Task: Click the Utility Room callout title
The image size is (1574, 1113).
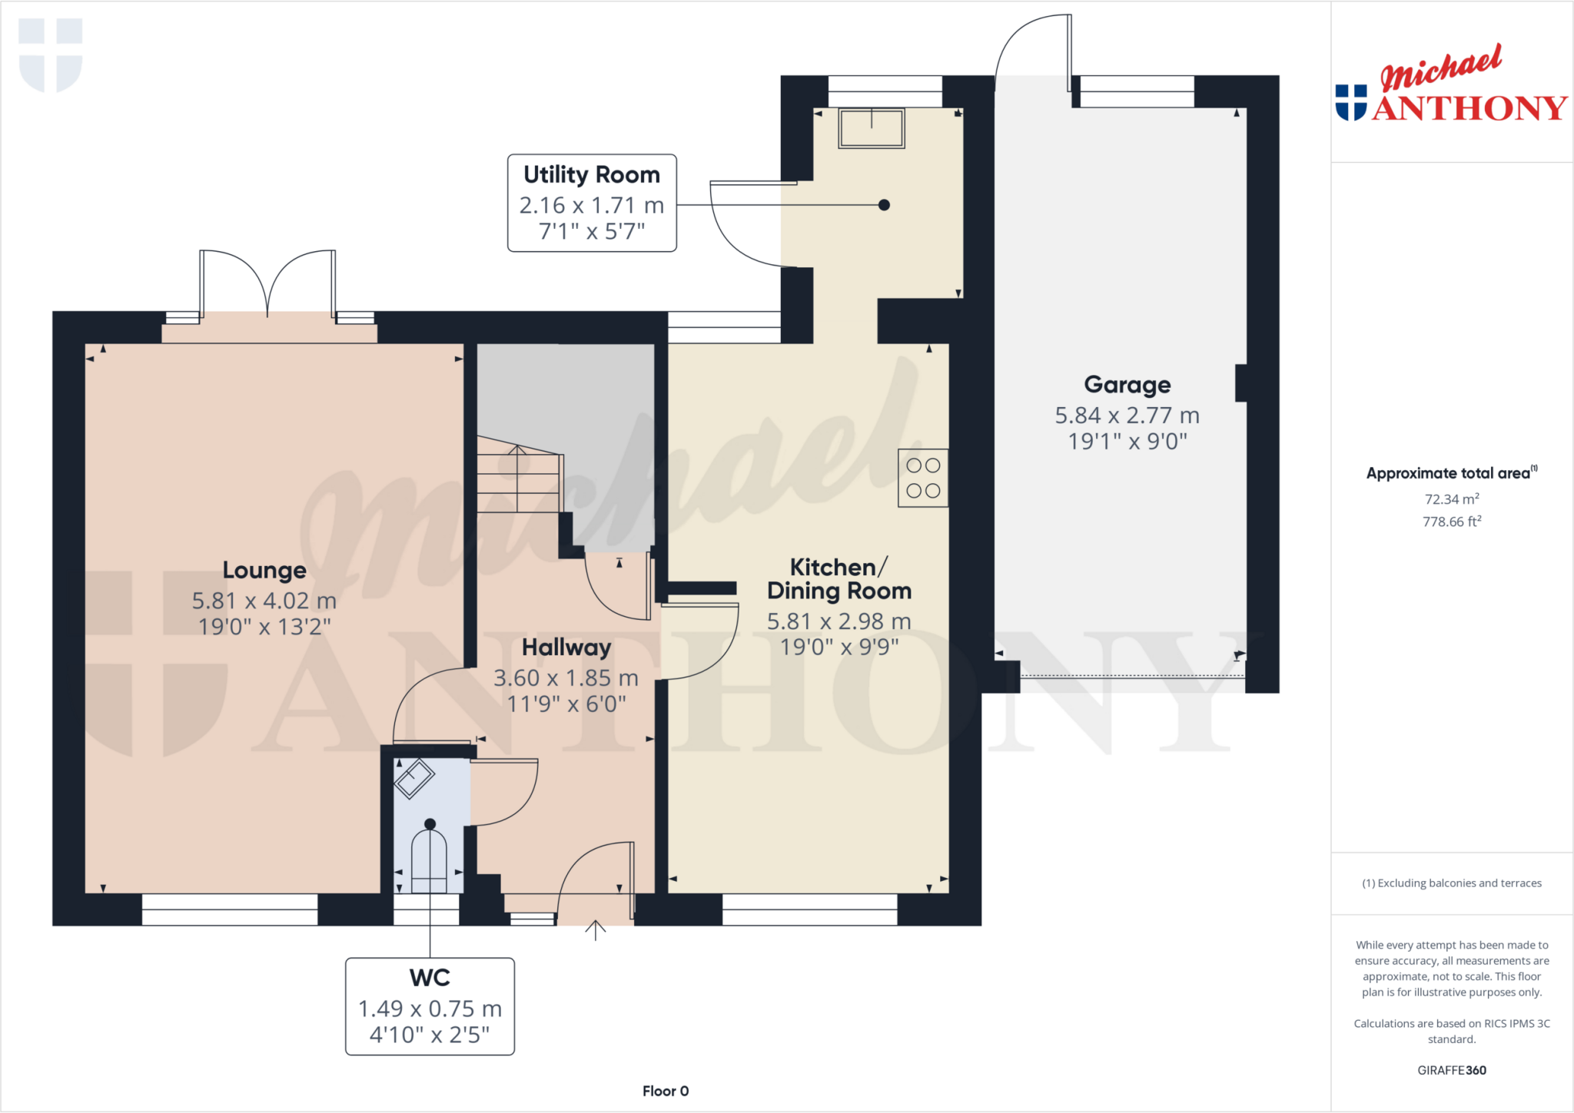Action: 591,175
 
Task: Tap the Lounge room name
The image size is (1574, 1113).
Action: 264,570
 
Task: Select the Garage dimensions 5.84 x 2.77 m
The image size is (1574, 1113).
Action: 1127,416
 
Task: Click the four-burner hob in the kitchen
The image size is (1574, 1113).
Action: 922,478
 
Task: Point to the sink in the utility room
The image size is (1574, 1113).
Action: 871,128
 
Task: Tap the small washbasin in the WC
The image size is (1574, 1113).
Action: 414,778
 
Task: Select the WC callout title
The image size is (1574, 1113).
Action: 430,978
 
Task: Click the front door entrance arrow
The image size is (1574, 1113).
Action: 596,930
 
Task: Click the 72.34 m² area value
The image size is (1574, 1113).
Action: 1452,499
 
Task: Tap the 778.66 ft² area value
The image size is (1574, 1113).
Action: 1452,522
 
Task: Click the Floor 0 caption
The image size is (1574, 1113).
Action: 666,1091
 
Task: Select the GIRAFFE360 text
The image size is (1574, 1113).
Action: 1452,1070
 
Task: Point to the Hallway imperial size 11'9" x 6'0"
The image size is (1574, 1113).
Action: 566,704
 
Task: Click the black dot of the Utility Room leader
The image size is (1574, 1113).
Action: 884,205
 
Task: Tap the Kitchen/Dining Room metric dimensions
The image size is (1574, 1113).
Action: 838,621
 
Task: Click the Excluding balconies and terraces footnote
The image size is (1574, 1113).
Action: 1452,883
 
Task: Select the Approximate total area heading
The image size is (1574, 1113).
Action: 1449,473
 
